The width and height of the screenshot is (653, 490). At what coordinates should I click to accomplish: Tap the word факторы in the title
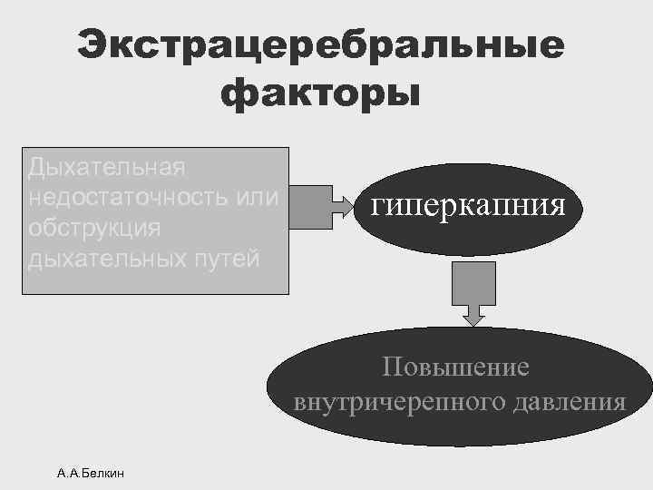click(320, 93)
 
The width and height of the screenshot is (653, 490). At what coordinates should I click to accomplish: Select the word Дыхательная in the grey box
click(107, 167)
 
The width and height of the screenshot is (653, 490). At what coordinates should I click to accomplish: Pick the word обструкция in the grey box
click(94, 227)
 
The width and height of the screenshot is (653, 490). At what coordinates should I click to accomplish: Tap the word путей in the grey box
click(231, 258)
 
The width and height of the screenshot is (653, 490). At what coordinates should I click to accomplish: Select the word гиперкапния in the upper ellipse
click(468, 205)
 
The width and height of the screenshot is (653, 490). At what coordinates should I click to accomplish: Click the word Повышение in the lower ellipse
click(455, 367)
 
